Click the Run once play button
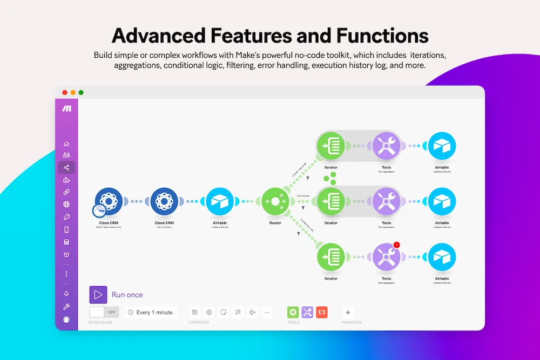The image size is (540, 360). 98,295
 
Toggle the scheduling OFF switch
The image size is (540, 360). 104,312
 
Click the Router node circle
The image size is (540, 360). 275,201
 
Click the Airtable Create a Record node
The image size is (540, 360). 220,201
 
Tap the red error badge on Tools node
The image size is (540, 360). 396,245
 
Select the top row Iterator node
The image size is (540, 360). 330,146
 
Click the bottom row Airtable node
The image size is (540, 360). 442,257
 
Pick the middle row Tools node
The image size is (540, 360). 387,201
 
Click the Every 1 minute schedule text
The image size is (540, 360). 155,313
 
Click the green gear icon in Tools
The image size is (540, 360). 293,312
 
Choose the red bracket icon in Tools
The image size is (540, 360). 322,312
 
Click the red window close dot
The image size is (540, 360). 65,92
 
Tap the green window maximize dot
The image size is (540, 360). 81,92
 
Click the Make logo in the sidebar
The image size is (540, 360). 66,108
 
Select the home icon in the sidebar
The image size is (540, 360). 66,144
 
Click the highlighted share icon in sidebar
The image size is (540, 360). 66,168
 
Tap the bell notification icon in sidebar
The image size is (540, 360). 66,294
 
